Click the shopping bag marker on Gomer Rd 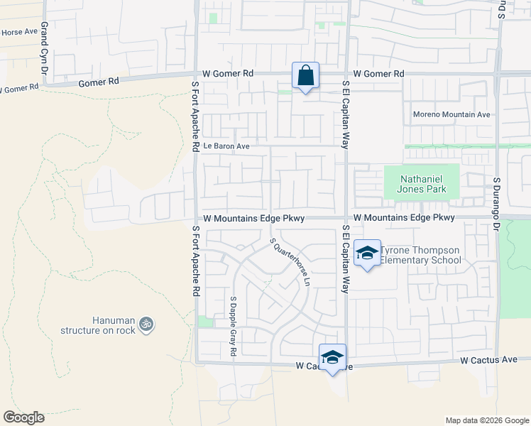click(x=305, y=75)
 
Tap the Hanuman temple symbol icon click(x=146, y=324)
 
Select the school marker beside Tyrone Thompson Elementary click(x=367, y=254)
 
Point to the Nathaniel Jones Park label click(x=422, y=184)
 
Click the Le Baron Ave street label click(x=226, y=146)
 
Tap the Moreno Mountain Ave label click(x=451, y=114)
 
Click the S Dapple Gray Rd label click(x=233, y=326)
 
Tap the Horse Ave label click(x=19, y=32)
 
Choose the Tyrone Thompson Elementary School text click(x=420, y=255)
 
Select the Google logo click(x=23, y=417)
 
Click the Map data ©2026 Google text click(x=486, y=420)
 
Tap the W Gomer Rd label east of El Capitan click(x=378, y=74)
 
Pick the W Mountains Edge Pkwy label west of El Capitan click(x=253, y=219)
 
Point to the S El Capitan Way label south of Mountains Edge click(x=346, y=260)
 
